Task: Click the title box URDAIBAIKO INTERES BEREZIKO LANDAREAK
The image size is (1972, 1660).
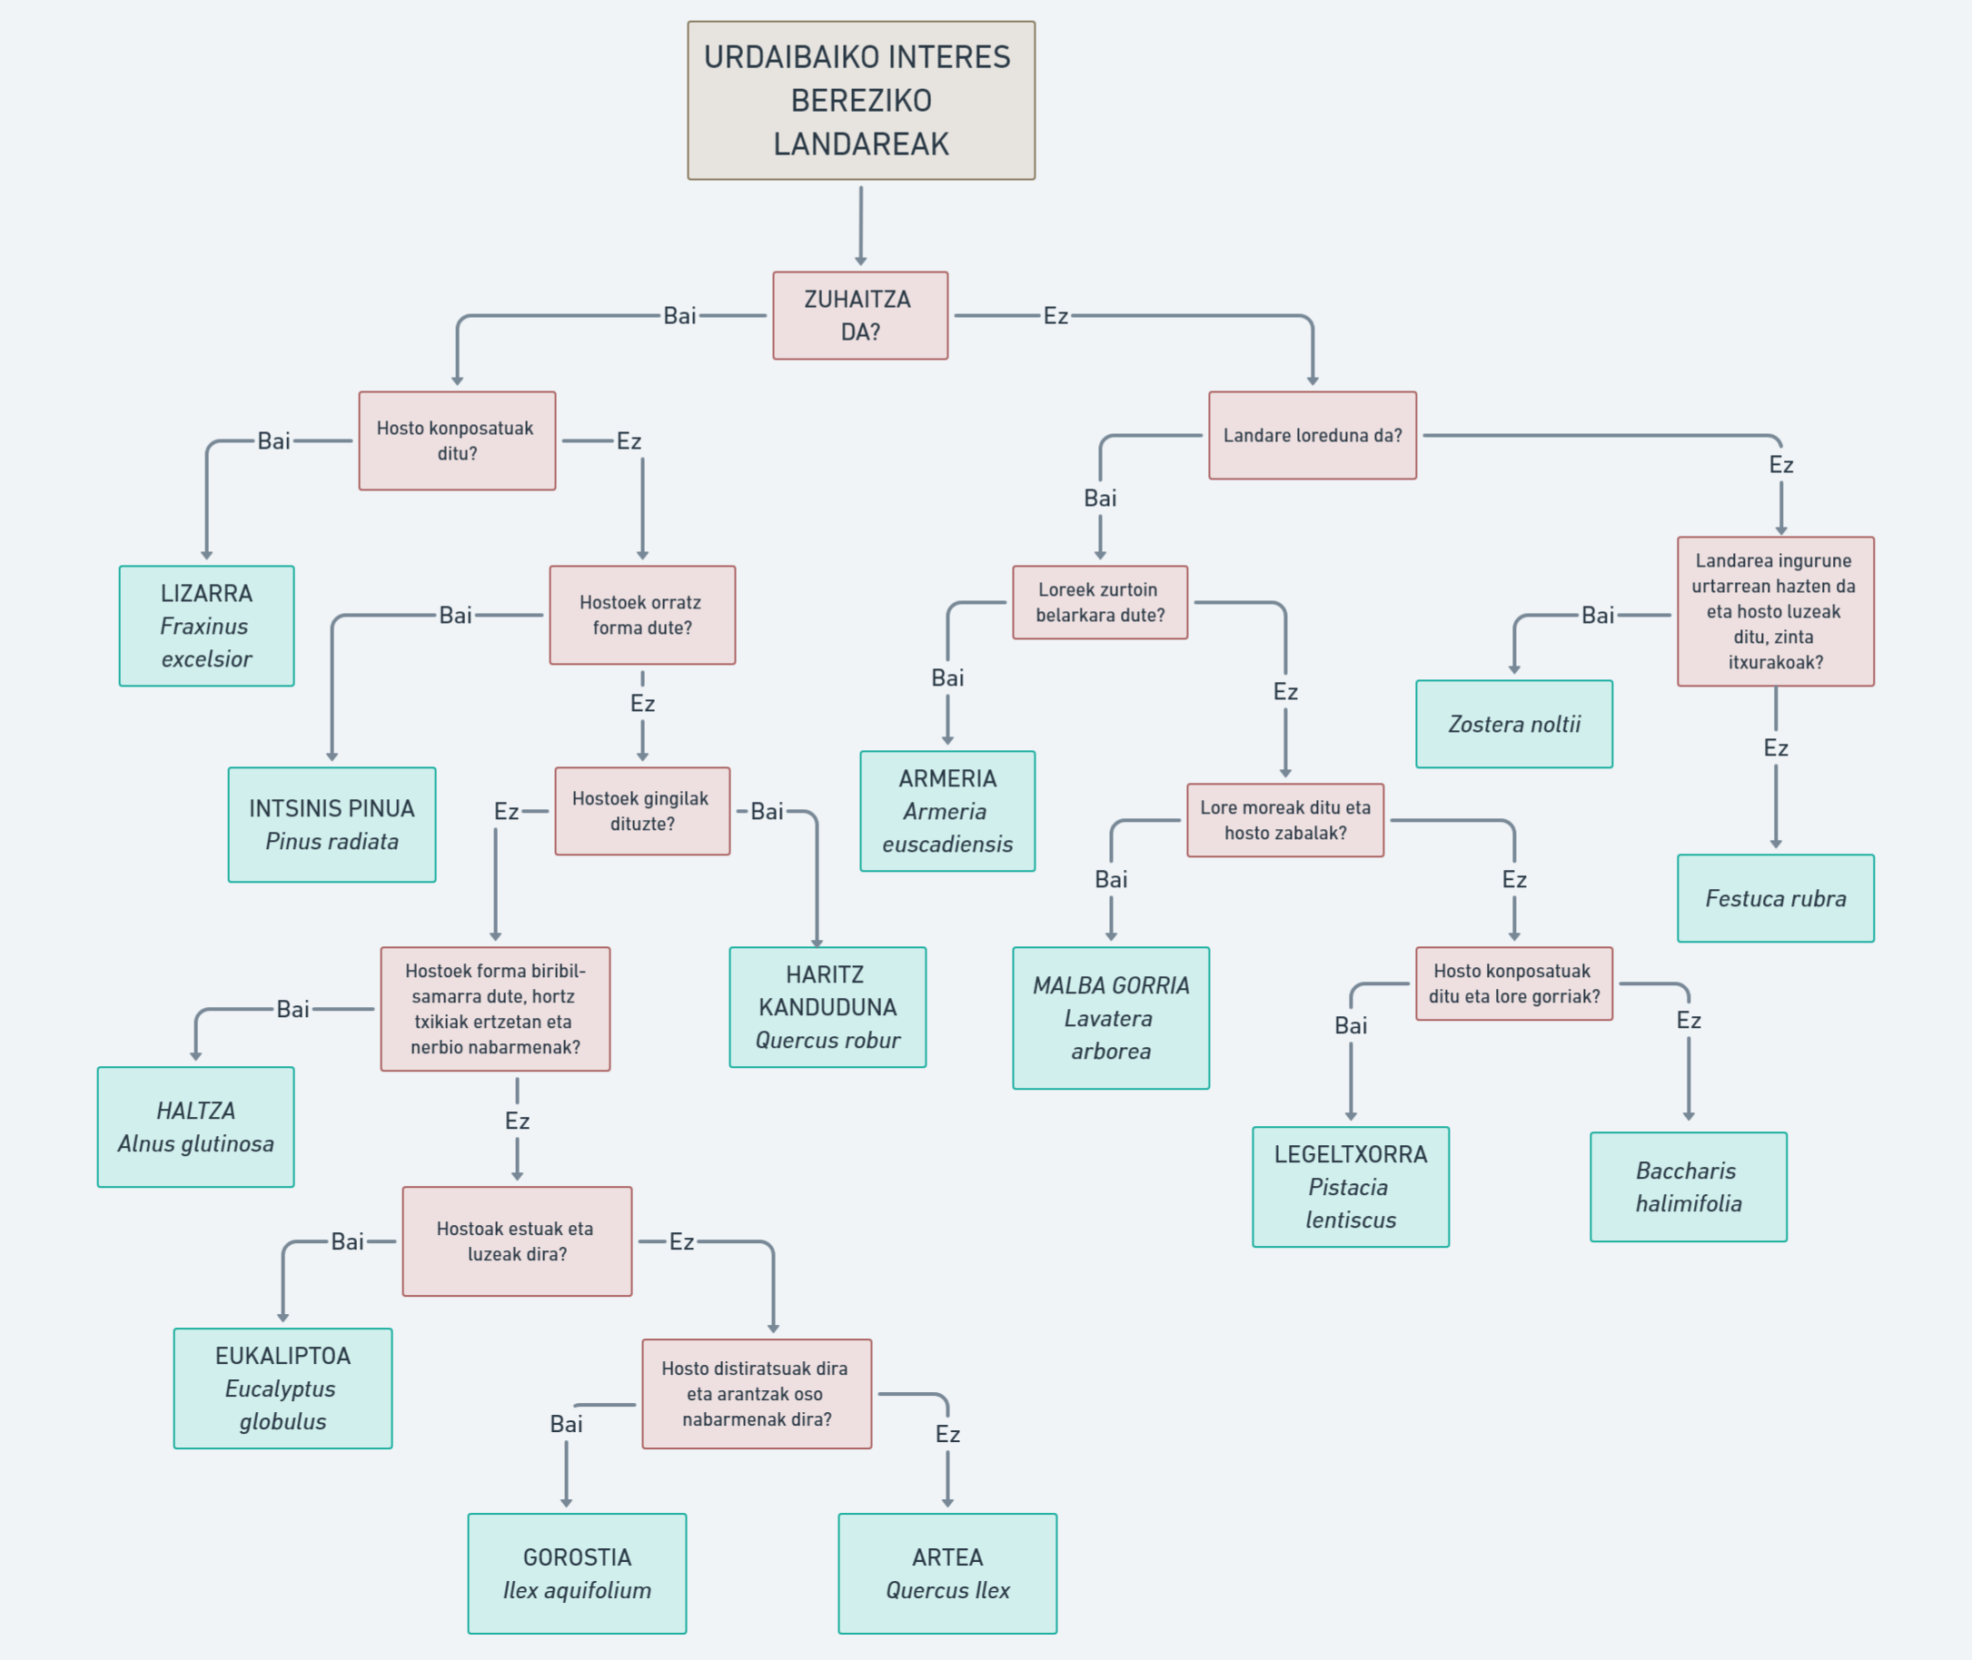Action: click(x=860, y=100)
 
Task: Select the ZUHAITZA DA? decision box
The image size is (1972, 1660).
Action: click(x=859, y=315)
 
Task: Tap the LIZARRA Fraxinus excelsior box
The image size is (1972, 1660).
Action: click(x=206, y=626)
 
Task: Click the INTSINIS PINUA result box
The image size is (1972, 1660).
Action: click(x=332, y=825)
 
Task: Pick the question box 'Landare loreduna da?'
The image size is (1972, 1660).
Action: click(x=1313, y=435)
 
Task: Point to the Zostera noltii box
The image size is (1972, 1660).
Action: click(x=1513, y=724)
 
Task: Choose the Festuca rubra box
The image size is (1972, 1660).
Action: click(x=1775, y=898)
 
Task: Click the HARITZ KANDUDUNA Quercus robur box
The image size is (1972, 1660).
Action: click(x=827, y=1007)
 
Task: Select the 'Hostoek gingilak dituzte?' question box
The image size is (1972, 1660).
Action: click(x=642, y=810)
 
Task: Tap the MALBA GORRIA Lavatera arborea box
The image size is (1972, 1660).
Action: click(x=1111, y=1017)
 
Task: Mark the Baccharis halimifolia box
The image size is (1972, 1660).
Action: click(x=1688, y=1187)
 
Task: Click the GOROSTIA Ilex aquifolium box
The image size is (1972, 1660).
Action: click(x=576, y=1574)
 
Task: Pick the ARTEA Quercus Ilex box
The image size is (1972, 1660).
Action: click(x=946, y=1574)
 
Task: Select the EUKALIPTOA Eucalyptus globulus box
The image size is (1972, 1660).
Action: click(x=282, y=1388)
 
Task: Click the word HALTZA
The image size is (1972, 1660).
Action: click(x=196, y=1111)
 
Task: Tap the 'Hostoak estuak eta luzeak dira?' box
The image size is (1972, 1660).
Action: click(x=517, y=1240)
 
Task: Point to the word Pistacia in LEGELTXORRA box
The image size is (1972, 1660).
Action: click(x=1348, y=1187)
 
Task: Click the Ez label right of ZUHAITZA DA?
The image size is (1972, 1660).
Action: click(x=1055, y=316)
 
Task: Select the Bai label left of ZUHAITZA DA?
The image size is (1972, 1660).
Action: click(x=679, y=315)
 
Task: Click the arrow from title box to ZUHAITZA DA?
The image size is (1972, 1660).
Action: click(x=860, y=225)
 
